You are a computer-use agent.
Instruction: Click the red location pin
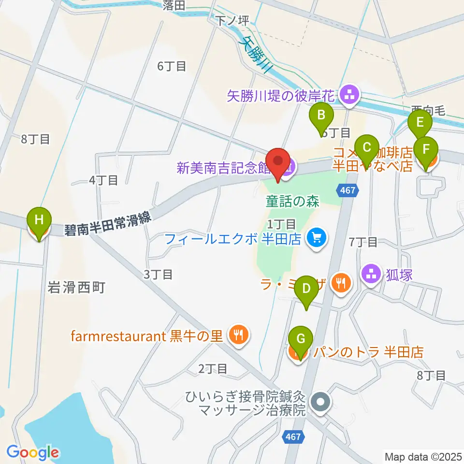coord(278,164)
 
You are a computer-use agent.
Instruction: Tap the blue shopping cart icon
coord(317,238)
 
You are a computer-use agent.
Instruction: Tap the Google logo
coord(33,452)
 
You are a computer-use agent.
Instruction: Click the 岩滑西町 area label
coord(76,289)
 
